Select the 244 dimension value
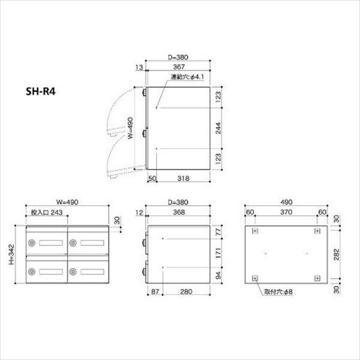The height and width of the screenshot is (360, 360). pyautogui.click(x=220, y=127)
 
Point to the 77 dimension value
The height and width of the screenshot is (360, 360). pyautogui.click(x=220, y=230)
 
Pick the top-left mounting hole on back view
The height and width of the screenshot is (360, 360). pyautogui.click(x=255, y=231)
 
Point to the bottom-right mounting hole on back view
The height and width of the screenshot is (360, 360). pyautogui.click(x=316, y=277)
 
